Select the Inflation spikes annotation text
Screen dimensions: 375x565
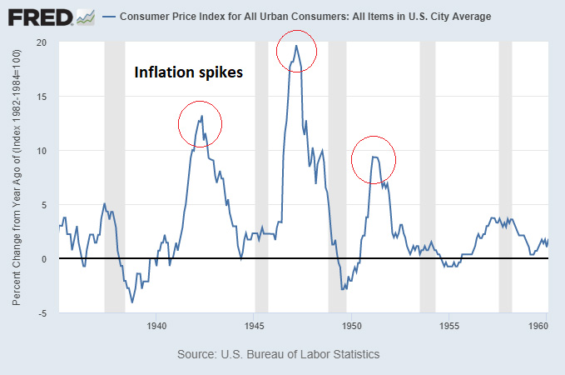tap(189, 72)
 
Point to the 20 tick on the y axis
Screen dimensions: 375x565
tap(42, 42)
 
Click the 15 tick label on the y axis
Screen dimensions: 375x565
tap(42, 97)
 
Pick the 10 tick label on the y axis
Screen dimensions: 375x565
tap(42, 151)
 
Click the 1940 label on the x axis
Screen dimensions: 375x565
tap(156, 326)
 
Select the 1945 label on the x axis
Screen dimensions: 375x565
tap(255, 326)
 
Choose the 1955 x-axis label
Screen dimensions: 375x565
tap(449, 326)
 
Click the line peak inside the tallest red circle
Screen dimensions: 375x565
tap(295, 46)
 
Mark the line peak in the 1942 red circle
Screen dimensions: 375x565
tap(201, 117)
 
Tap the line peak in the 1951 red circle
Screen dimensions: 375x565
tap(374, 157)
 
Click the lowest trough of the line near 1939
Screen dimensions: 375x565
tap(132, 302)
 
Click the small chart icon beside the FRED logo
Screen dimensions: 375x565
tap(85, 16)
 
